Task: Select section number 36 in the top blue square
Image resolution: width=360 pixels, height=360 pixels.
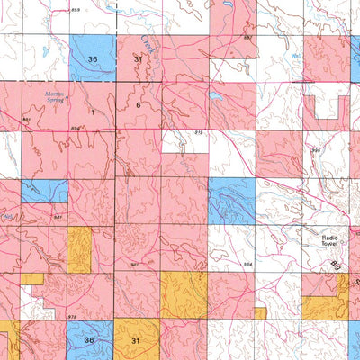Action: [x=93, y=58]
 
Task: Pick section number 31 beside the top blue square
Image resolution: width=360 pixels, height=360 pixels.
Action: [x=138, y=58]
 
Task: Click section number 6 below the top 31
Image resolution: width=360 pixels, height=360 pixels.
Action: [x=138, y=105]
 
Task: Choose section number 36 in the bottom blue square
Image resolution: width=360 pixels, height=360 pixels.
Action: [x=89, y=340]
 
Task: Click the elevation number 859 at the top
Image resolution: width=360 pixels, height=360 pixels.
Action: [x=76, y=9]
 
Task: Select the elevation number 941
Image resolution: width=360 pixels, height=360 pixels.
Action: [x=58, y=218]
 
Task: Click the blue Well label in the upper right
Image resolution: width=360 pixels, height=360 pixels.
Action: [x=298, y=56]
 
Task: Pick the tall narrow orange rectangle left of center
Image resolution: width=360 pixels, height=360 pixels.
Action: [x=79, y=249]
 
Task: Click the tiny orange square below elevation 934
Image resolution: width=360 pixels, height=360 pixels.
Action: [x=259, y=312]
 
